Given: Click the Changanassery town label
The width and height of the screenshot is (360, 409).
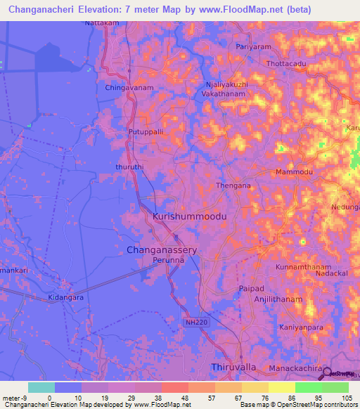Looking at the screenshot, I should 161,249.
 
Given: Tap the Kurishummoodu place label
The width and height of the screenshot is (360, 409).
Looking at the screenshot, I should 189,218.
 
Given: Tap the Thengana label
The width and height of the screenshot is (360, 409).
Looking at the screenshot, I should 233,186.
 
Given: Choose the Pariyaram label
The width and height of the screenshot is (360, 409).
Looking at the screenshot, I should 253,47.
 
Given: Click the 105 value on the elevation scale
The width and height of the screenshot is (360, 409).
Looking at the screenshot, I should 346,397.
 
